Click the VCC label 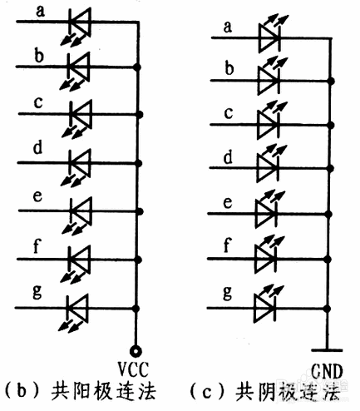[x=134, y=369]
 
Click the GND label [x=327, y=371]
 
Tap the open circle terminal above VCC [x=136, y=351]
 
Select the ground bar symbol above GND [x=327, y=350]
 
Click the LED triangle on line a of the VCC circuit [x=81, y=22]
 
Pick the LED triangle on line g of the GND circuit [x=264, y=308]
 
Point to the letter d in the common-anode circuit [x=37, y=147]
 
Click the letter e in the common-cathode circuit [x=228, y=203]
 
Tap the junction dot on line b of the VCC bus [x=137, y=67]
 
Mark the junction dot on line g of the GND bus [x=328, y=309]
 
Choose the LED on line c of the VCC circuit [x=76, y=119]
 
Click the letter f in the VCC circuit [x=37, y=245]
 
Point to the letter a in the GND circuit [x=227, y=27]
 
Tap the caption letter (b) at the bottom [x=22, y=391]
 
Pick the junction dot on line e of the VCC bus [x=140, y=211]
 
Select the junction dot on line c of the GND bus [x=331, y=125]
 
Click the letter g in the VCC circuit [x=37, y=292]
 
